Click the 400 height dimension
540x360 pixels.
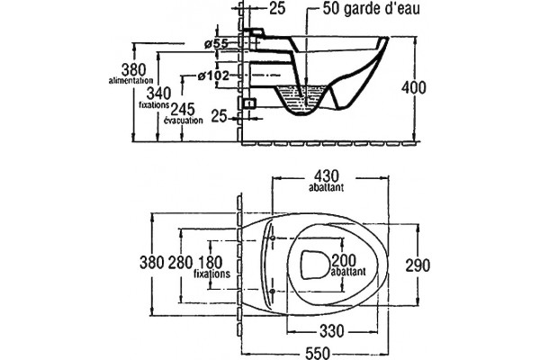(413, 88)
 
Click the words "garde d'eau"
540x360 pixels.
(382, 9)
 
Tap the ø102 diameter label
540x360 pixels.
(213, 76)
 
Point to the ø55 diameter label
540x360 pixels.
(216, 44)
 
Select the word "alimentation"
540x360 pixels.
(130, 81)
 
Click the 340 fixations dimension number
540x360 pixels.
(158, 94)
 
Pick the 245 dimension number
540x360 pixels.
(183, 110)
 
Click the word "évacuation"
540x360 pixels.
(184, 121)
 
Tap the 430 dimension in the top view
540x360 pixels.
(327, 176)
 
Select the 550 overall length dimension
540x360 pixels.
(318, 353)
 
